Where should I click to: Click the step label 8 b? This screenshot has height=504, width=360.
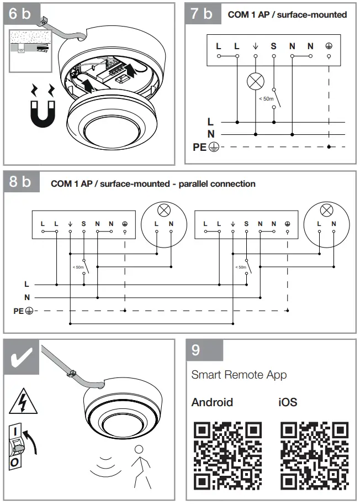coord(20,182)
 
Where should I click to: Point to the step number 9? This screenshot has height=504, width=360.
coord(197,350)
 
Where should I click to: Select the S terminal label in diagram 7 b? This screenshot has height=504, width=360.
coord(273,46)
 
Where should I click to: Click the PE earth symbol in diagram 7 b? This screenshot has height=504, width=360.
coord(214,147)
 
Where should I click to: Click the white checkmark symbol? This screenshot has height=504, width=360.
coord(22,359)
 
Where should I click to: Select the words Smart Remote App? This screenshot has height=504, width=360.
coord(239,375)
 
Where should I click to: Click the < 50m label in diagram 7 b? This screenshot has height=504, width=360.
coord(266,98)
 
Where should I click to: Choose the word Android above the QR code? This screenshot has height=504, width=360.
coord(212,402)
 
